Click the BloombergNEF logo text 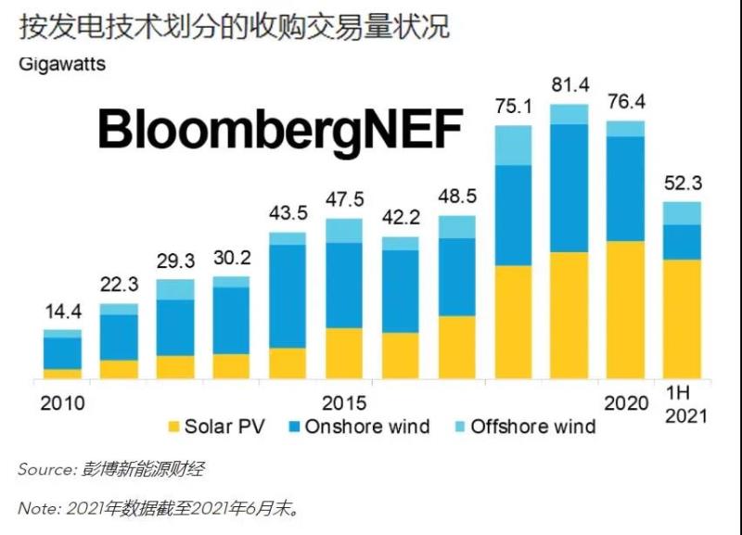click(x=279, y=130)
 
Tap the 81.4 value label click(x=569, y=87)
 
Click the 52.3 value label click(x=682, y=185)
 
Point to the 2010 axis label click(x=62, y=403)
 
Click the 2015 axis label click(x=344, y=403)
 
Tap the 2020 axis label click(x=626, y=403)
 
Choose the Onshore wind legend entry click(x=356, y=427)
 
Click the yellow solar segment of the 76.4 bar click(x=625, y=310)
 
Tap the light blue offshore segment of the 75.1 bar click(x=513, y=145)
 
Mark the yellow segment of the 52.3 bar click(x=682, y=319)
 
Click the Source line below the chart click(x=110, y=470)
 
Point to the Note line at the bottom click(x=158, y=508)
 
